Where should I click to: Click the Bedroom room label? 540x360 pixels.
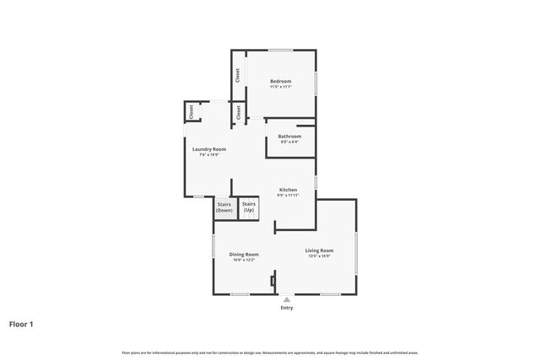click(280, 81)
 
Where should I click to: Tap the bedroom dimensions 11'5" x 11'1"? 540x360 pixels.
click(280, 87)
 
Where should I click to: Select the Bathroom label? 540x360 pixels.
click(289, 136)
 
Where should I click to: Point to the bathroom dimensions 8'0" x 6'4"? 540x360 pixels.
click(289, 142)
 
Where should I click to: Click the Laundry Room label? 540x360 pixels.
click(209, 149)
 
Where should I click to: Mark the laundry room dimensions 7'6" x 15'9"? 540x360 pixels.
click(209, 155)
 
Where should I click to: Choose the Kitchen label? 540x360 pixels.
click(289, 190)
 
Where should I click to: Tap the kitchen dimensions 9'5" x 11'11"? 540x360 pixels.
click(289, 196)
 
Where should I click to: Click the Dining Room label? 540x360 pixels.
click(244, 254)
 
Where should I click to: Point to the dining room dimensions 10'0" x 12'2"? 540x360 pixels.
click(244, 260)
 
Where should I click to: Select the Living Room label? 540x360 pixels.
click(319, 250)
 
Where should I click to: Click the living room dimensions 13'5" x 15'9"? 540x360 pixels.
click(319, 255)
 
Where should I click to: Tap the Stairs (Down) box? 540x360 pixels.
click(224, 207)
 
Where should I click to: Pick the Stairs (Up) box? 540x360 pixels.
click(249, 207)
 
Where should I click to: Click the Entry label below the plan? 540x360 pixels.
click(287, 308)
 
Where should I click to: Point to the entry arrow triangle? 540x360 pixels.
click(287, 298)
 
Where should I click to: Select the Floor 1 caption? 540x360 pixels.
click(21, 323)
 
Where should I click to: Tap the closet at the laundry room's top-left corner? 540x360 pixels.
click(192, 110)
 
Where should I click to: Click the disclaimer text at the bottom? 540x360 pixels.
click(270, 352)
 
